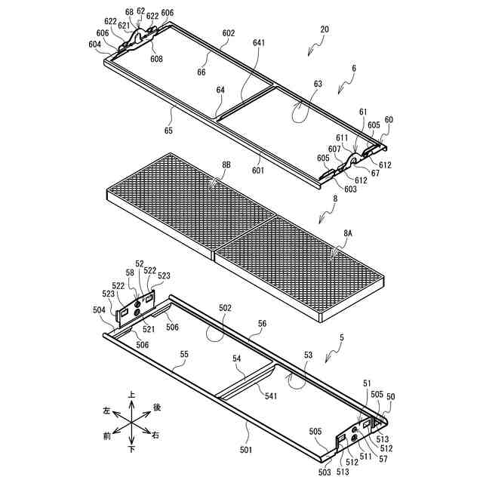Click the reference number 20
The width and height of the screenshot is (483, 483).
(x=325, y=29)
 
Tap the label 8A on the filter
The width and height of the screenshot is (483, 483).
(x=348, y=235)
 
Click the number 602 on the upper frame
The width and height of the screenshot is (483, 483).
(x=228, y=33)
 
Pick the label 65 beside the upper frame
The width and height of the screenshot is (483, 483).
(x=168, y=131)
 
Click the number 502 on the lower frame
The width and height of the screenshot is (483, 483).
(x=225, y=308)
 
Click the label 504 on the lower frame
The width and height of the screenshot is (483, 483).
(x=100, y=309)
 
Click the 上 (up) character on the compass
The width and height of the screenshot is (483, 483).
(x=132, y=394)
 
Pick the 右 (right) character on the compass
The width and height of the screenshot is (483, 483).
(x=156, y=435)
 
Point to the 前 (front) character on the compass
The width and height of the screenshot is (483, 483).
(x=106, y=435)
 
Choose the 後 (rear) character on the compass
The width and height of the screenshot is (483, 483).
(x=157, y=408)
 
